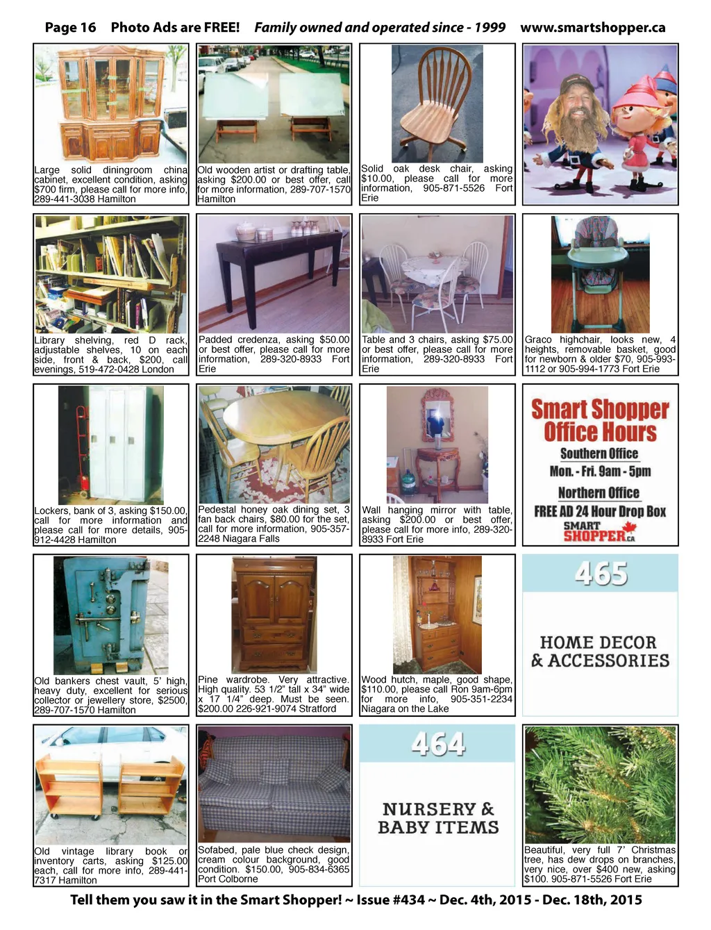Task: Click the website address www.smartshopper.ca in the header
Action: (x=592, y=28)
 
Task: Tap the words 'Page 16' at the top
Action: (x=70, y=28)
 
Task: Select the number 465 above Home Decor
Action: (x=601, y=574)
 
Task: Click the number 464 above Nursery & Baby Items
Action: (x=437, y=744)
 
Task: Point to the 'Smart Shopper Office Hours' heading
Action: (x=600, y=421)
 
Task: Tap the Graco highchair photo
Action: (x=600, y=274)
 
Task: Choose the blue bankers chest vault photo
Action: (x=111, y=615)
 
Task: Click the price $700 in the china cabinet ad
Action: (x=46, y=189)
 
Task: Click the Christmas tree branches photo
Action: (x=600, y=785)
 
